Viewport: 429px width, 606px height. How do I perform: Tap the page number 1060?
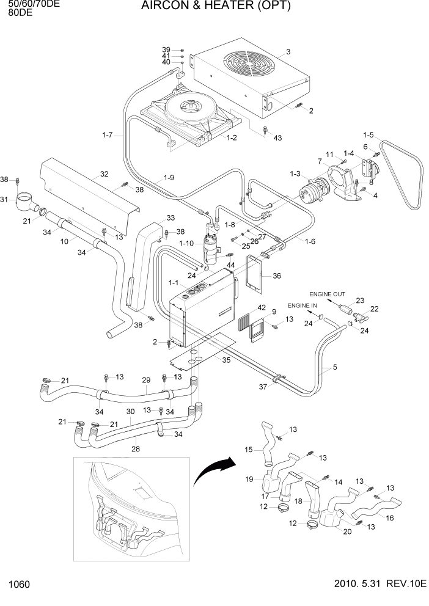coord(19,585)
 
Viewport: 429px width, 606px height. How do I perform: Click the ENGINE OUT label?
coord(327,294)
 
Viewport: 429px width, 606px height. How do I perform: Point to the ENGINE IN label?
coord(302,305)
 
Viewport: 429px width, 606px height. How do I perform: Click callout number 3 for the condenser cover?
coord(288,51)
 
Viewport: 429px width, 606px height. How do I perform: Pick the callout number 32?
coord(105,174)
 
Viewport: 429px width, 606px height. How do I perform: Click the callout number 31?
coord(4,200)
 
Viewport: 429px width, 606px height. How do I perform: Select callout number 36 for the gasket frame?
coord(277,276)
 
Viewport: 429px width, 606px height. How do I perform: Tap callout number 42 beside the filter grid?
coord(261,307)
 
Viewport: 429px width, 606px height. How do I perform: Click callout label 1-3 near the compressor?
coord(295,174)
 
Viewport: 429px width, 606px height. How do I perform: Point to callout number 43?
coord(278,138)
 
